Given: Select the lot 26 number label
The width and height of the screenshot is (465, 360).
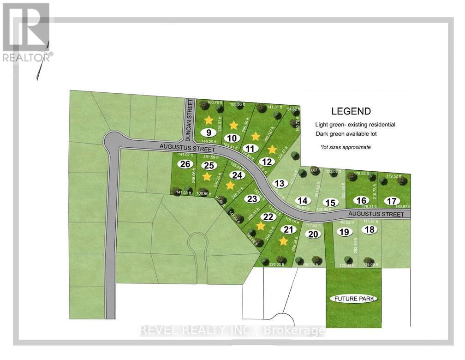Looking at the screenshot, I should [186, 164].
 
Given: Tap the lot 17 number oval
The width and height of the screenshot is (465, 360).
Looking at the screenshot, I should [392, 201].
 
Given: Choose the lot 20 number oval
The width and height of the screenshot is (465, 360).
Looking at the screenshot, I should [313, 234].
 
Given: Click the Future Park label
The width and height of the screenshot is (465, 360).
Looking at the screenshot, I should [354, 299].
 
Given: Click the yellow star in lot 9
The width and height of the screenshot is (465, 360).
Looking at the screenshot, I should [209, 120].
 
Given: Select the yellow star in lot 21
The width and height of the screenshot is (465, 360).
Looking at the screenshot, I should [284, 241].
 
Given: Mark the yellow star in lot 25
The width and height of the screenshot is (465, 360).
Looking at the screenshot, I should [207, 176].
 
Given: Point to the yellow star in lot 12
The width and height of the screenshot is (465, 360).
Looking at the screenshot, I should [272, 149].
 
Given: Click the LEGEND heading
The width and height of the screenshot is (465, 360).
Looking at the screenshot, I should [351, 111].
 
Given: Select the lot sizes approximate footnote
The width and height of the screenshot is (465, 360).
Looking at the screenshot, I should [346, 147].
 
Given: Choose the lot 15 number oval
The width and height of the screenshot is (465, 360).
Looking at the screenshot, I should [329, 203].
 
